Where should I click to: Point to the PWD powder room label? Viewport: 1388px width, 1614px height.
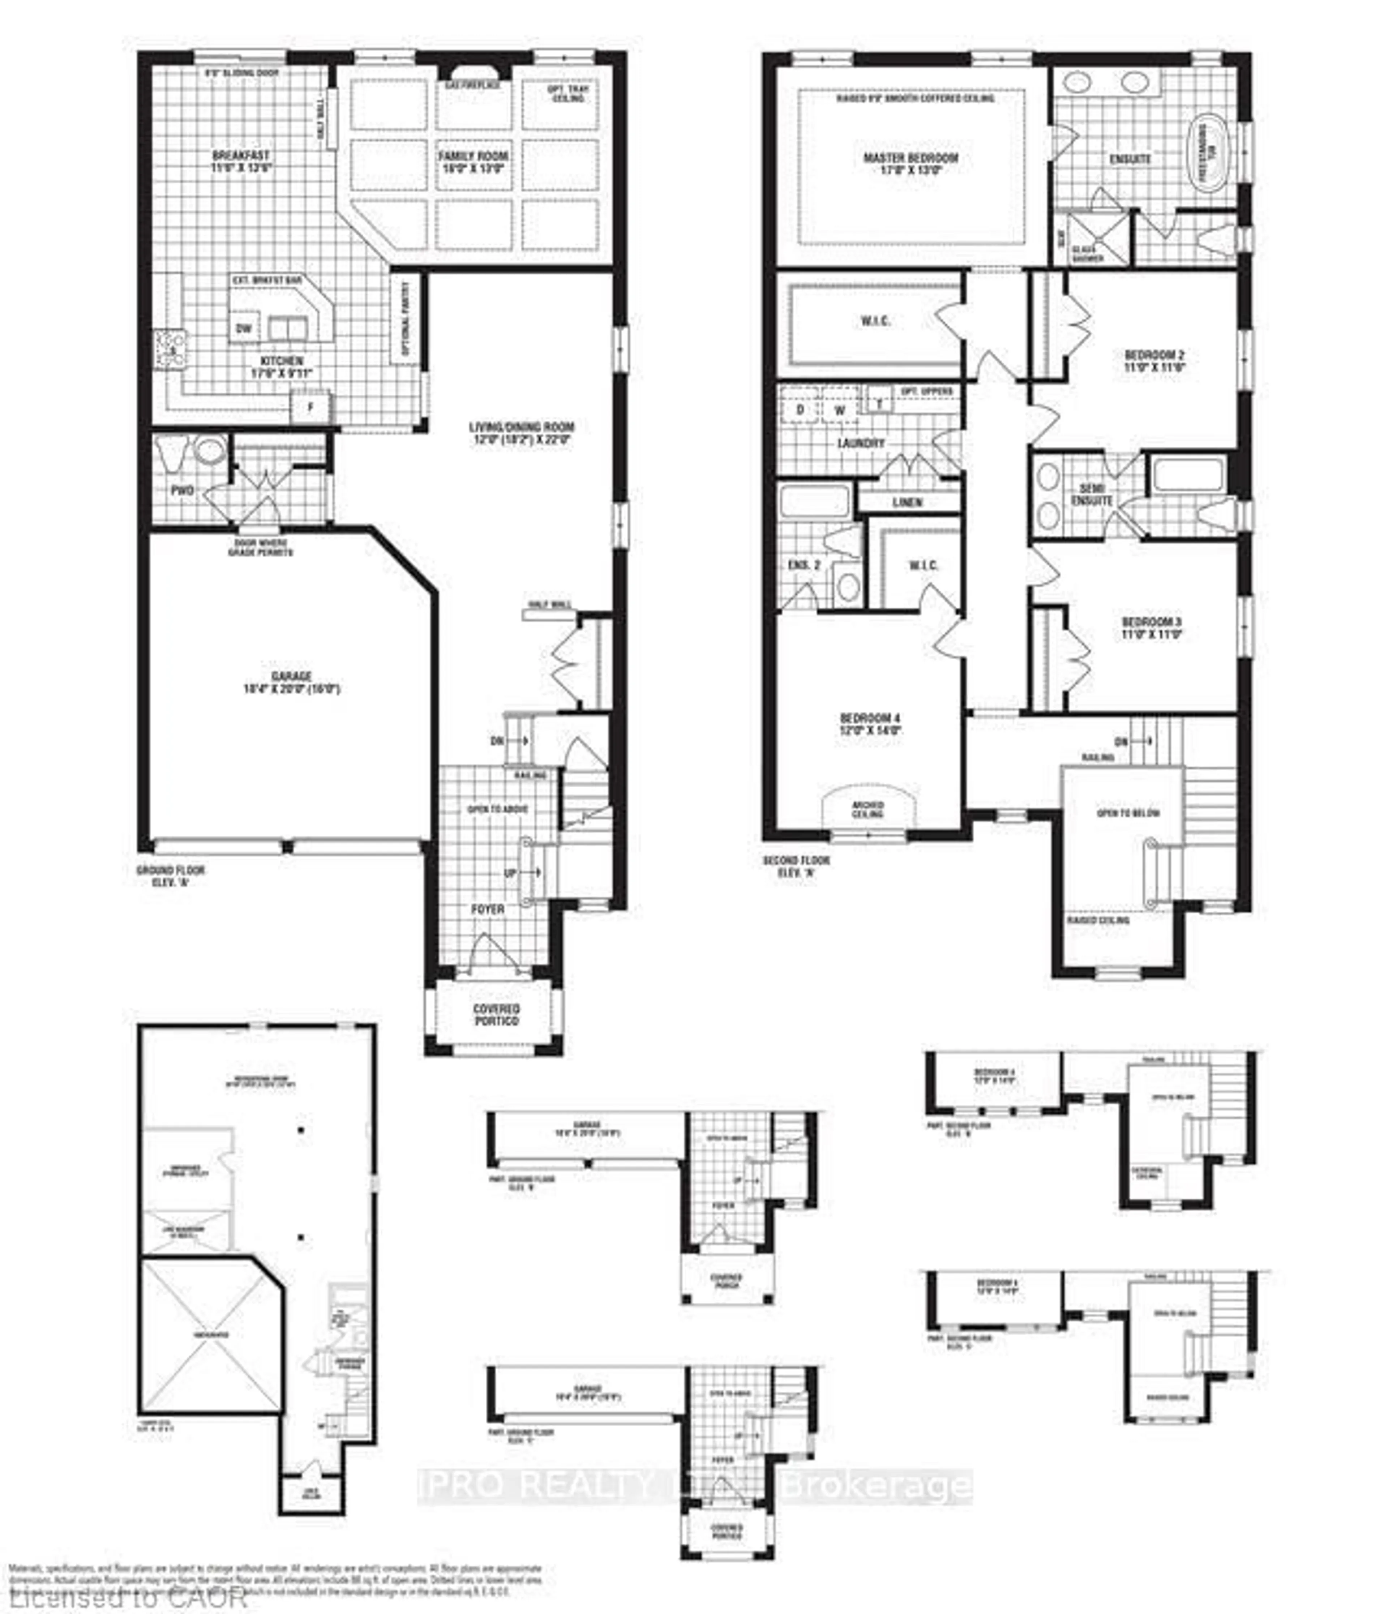tap(182, 490)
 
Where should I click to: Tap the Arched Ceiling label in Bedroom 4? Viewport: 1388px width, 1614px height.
tap(868, 809)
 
